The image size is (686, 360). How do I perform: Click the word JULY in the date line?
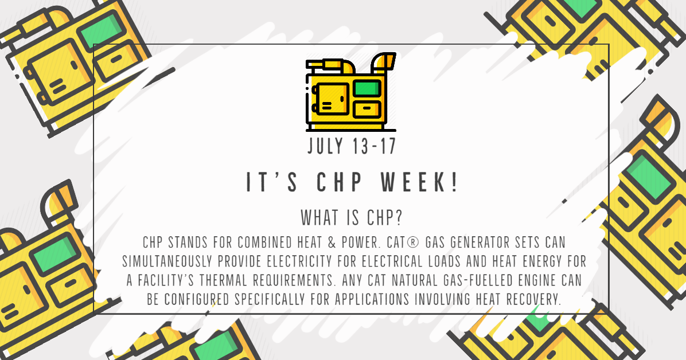click(325, 146)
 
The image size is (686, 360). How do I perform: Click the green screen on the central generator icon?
click(367, 88)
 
